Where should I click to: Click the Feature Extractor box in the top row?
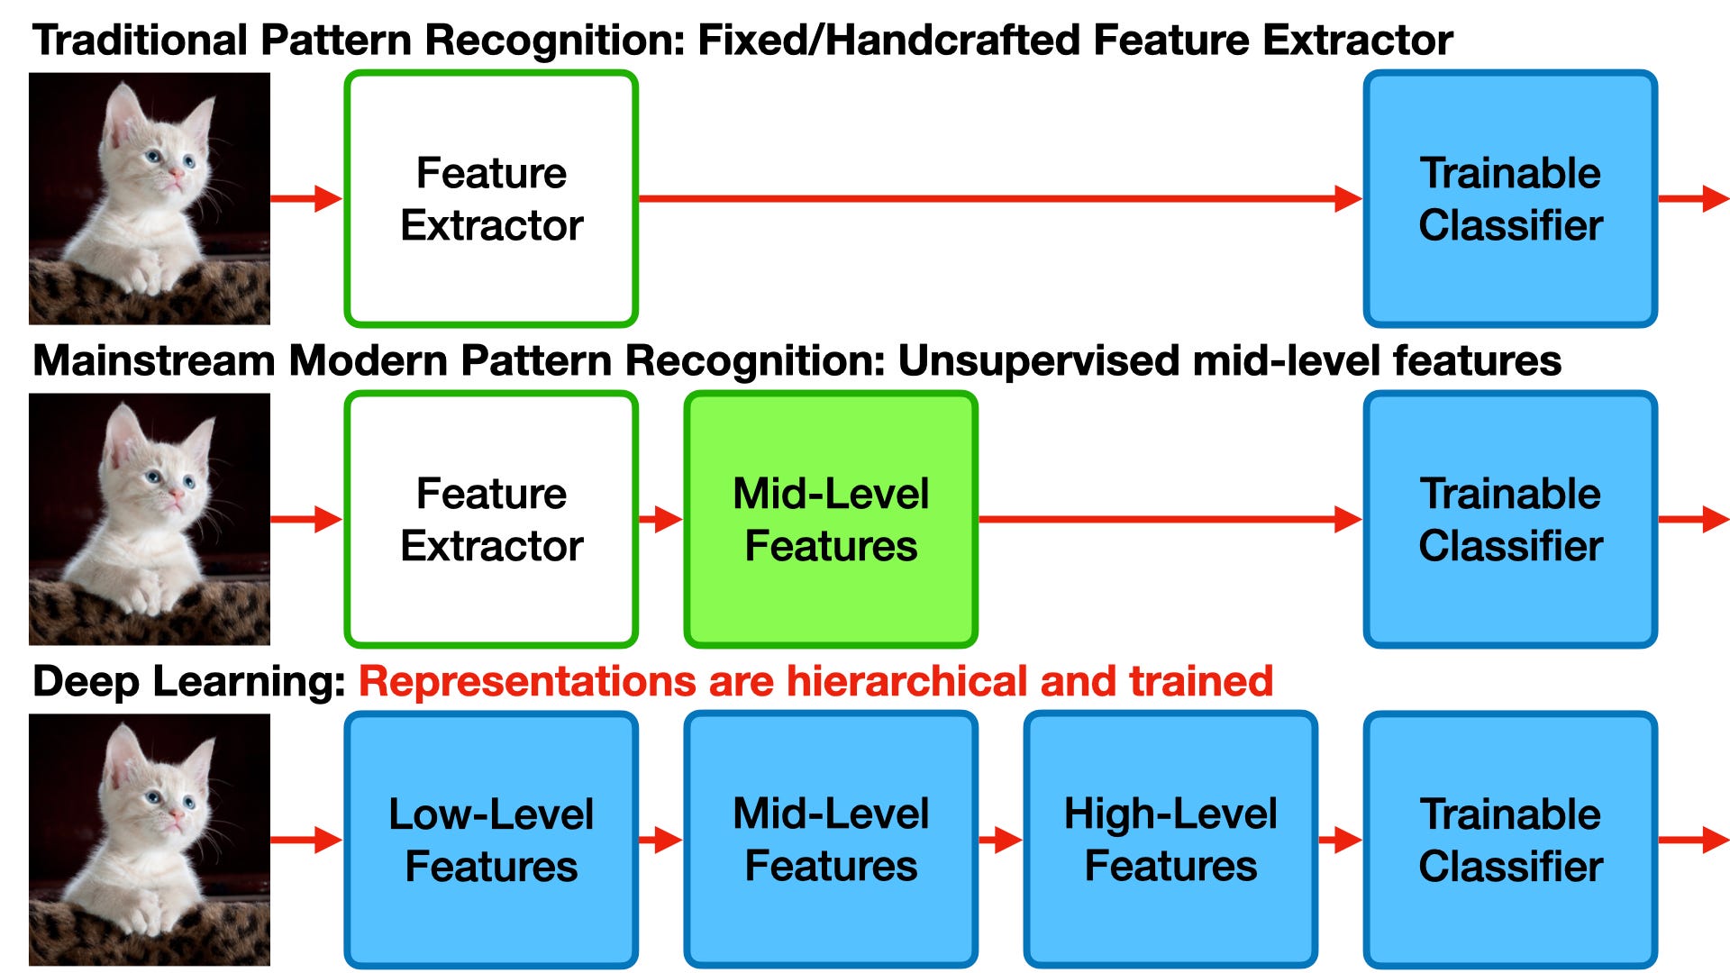491,198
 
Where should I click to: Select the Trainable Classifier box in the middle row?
1510,519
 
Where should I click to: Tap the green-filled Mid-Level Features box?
831,519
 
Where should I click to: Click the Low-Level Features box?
491,840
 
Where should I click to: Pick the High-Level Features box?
1170,840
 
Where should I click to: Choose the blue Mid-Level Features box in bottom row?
831,840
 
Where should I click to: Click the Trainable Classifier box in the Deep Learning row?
1510,840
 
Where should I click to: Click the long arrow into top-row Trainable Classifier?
991,198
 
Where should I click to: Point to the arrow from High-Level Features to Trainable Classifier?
1340,841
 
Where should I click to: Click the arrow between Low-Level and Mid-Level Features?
660,841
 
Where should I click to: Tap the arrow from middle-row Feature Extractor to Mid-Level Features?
660,519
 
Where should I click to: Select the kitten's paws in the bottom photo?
149,910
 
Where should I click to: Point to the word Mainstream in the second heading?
153,361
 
